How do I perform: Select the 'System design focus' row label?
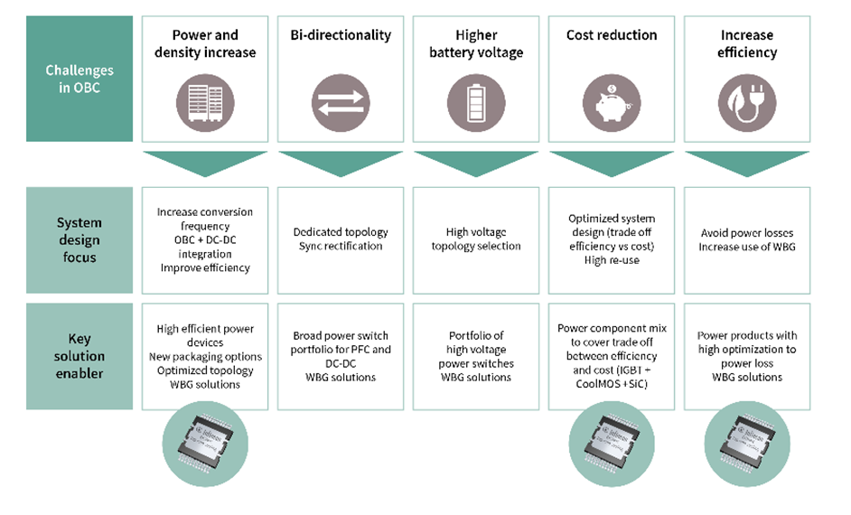click(79, 240)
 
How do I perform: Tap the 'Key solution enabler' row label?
click(79, 356)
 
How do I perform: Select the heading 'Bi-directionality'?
click(341, 35)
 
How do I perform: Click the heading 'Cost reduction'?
click(612, 35)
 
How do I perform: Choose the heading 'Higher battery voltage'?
click(476, 43)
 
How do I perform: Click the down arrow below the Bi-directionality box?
click(341, 163)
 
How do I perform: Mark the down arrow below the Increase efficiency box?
click(747, 163)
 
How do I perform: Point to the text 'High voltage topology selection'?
click(476, 239)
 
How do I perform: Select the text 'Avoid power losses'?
click(747, 233)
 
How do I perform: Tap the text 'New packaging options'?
click(205, 357)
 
